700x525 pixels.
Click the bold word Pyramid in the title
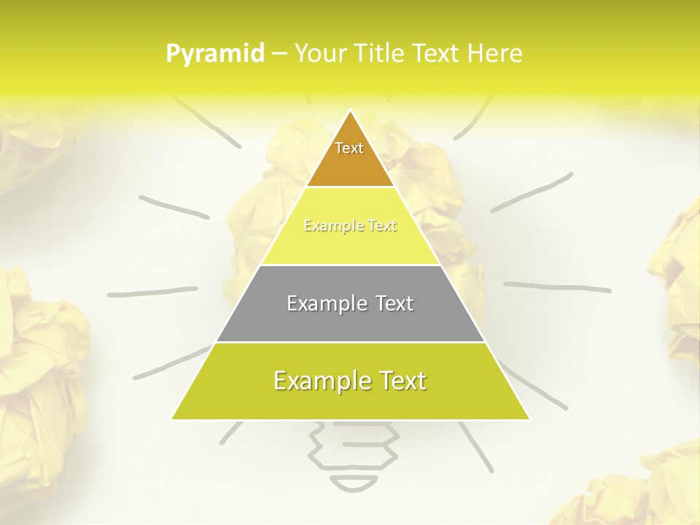point(215,53)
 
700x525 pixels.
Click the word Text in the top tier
point(349,148)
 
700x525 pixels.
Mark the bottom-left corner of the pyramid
point(172,419)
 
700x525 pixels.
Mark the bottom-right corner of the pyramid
point(529,419)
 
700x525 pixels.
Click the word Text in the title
point(436,53)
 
